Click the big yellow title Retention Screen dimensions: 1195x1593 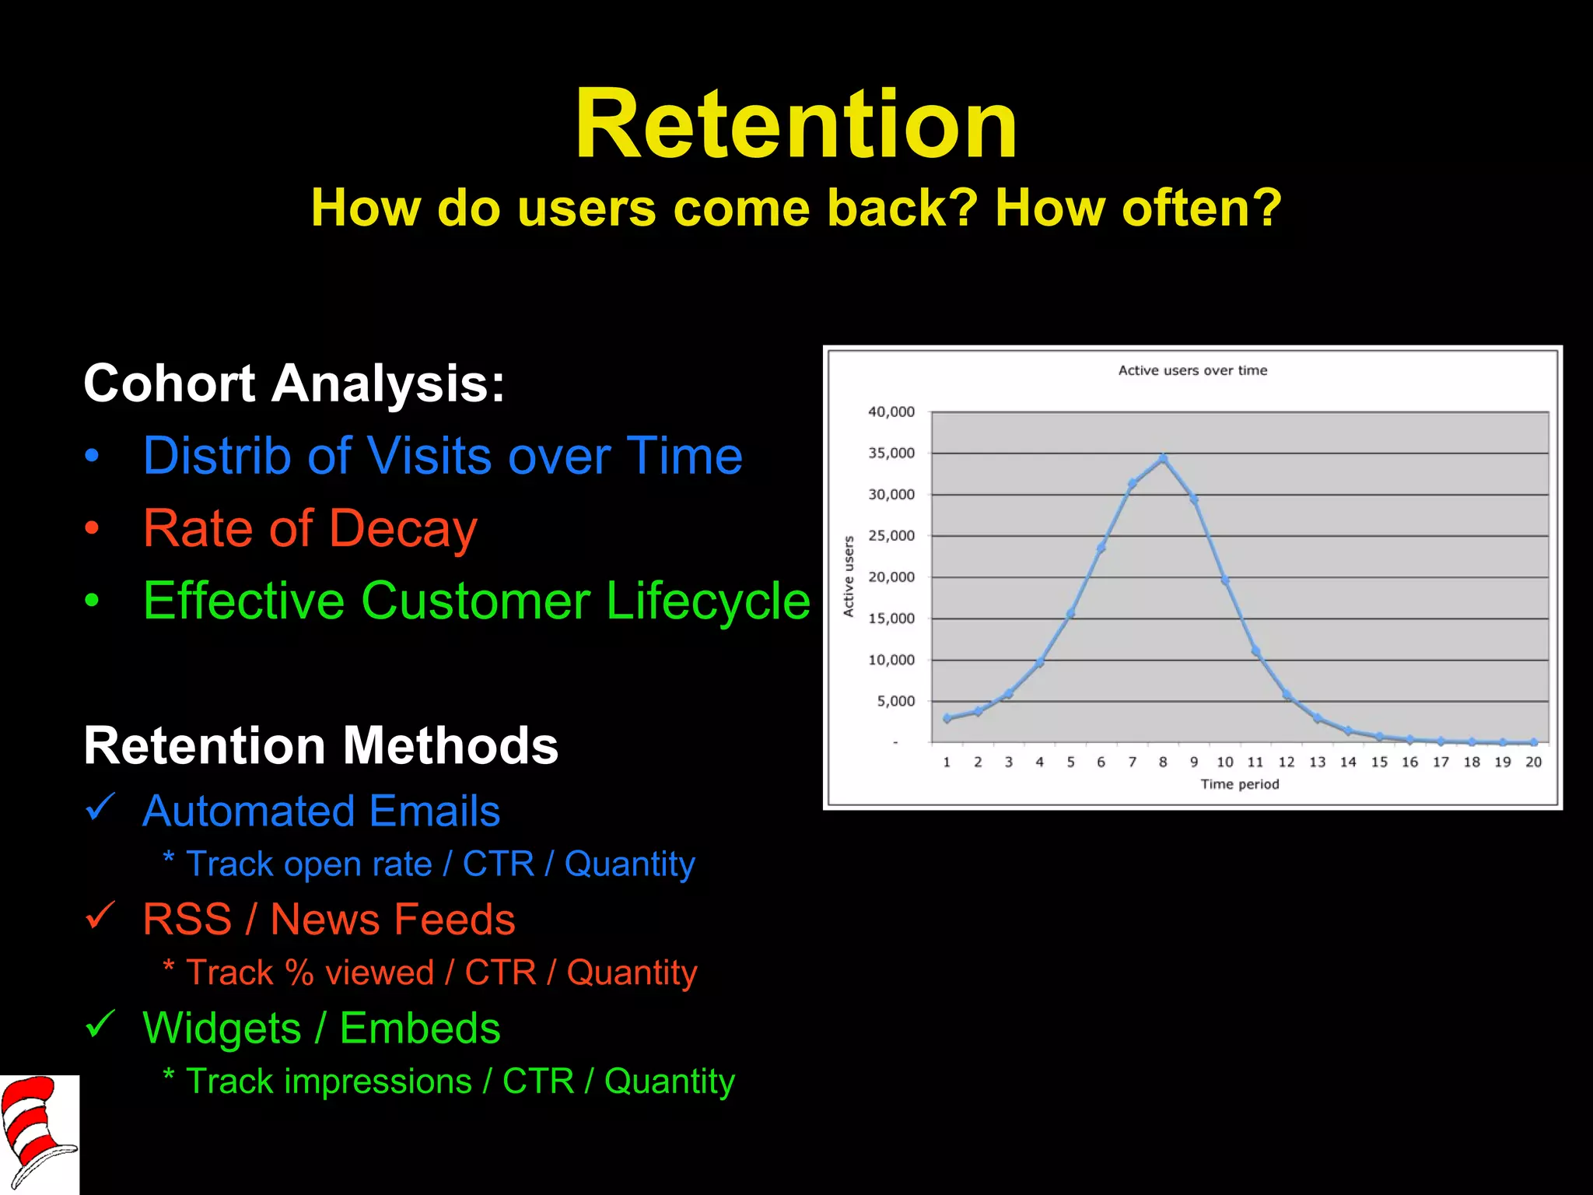pyautogui.click(x=796, y=124)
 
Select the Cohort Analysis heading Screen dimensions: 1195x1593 pyautogui.click(x=294, y=384)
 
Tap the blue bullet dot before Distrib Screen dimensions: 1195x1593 pyautogui.click(x=93, y=457)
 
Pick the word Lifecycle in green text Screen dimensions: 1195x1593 pyautogui.click(x=708, y=601)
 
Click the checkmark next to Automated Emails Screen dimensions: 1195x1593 pyautogui.click(x=100, y=808)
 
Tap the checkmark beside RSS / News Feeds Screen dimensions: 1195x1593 pyautogui.click(x=100, y=916)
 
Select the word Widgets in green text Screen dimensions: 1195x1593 pyautogui.click(x=222, y=1029)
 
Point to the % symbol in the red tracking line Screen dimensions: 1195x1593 pyautogui.click(x=299, y=972)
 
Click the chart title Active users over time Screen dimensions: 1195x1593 pyautogui.click(x=1192, y=370)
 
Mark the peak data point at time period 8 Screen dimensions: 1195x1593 pyautogui.click(x=1163, y=459)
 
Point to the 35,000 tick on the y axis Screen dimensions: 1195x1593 pyautogui.click(x=891, y=453)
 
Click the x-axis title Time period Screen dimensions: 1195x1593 pyautogui.click(x=1239, y=784)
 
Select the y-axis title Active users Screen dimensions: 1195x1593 pyautogui.click(x=849, y=576)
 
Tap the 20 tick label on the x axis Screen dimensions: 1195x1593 pyautogui.click(x=1533, y=762)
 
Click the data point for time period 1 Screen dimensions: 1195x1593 pyautogui.click(x=947, y=718)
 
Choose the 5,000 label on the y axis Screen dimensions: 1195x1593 pyautogui.click(x=895, y=701)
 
